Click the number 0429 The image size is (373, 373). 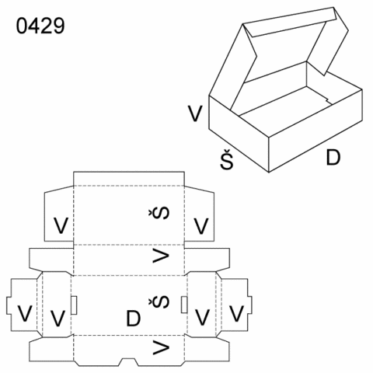coord(40,26)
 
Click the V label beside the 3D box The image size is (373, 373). coord(195,113)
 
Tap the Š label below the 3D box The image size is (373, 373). coord(227,159)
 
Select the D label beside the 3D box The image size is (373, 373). coord(333,157)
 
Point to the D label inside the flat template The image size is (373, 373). coord(134,319)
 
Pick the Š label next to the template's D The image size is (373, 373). coord(159,302)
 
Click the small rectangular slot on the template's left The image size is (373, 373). coord(74,305)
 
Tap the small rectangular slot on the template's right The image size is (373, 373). coord(184,305)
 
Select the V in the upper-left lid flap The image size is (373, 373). coord(61,225)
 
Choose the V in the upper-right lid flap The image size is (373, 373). coord(201,226)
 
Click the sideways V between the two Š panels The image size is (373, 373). coord(161,256)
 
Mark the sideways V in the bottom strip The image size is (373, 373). coord(161,347)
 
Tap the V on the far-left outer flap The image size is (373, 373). coord(25,314)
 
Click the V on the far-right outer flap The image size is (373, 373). coord(236,314)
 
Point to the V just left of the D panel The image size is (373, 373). coord(58,318)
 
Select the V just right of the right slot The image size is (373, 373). coord(202,317)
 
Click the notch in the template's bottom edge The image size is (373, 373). coord(129,362)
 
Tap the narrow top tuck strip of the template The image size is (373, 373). coord(129,179)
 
